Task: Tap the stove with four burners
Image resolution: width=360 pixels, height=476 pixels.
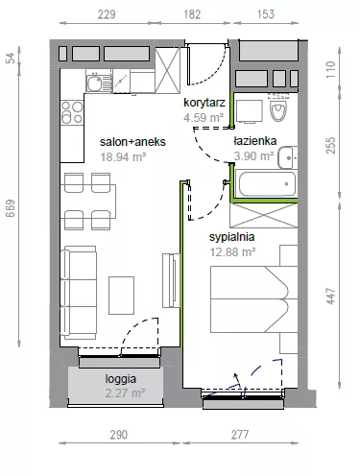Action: tap(72, 112)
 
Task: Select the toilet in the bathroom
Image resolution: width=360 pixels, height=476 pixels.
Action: tap(278, 107)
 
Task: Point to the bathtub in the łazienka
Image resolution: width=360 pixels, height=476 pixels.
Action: tap(267, 184)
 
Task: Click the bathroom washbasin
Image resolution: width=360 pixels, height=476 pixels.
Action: tap(288, 157)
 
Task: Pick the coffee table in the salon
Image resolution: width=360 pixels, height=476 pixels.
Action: tap(121, 296)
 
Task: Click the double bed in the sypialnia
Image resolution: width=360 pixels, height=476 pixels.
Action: tap(254, 299)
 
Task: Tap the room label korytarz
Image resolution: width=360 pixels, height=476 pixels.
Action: tap(204, 103)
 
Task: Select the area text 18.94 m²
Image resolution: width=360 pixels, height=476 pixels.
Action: tap(123, 157)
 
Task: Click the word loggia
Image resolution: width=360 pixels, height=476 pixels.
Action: tap(121, 379)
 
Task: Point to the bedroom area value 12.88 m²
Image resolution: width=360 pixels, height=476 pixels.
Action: tap(232, 252)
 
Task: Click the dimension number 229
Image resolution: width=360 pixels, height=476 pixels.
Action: tap(107, 14)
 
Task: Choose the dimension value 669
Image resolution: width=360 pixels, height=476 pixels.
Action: tap(11, 208)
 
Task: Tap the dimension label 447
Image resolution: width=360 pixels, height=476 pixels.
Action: tap(331, 296)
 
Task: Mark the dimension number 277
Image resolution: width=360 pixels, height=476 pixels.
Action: tap(240, 435)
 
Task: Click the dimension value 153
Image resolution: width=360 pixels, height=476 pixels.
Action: tap(266, 14)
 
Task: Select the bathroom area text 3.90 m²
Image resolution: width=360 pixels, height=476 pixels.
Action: tap(253, 156)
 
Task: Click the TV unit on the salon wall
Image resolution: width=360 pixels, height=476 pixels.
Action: tap(171, 280)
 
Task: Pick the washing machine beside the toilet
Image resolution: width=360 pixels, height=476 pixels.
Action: tap(249, 111)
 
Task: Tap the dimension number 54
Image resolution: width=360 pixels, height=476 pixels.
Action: tap(11, 58)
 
